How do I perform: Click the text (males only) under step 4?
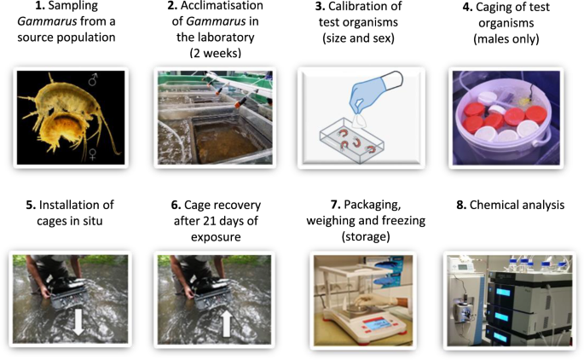pyautogui.click(x=501, y=39)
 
